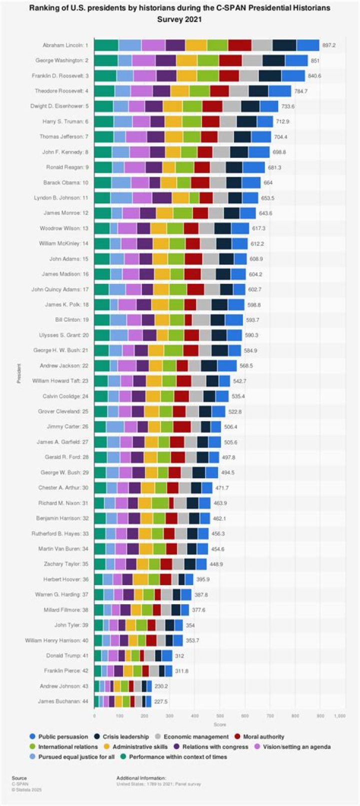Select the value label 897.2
click(329, 45)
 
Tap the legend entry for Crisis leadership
click(125, 737)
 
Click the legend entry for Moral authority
click(263, 737)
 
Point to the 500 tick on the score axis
click(219, 717)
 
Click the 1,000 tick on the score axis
click(339, 717)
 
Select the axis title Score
click(219, 725)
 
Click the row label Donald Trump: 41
click(67, 656)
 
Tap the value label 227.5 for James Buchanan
click(161, 702)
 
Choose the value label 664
click(268, 183)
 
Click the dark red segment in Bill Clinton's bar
click(188, 320)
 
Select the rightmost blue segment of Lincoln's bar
click(308, 45)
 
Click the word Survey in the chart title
click(179, 20)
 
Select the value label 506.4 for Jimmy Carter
click(231, 427)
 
